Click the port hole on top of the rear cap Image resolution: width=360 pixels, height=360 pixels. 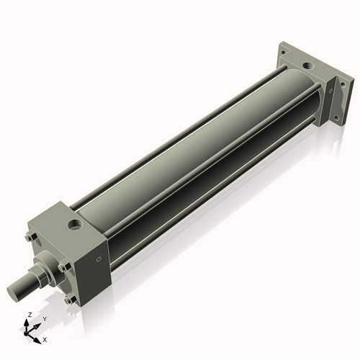point(308,66)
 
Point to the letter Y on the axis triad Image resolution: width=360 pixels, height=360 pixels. point(43,319)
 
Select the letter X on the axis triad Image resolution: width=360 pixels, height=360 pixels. point(45,338)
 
